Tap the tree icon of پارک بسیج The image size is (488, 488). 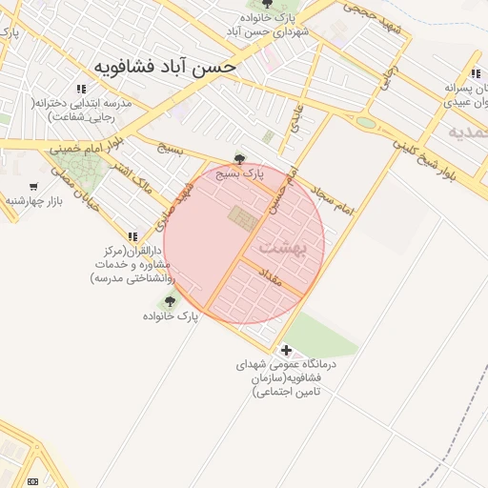[x=239, y=160]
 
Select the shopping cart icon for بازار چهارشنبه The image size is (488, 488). [x=34, y=187]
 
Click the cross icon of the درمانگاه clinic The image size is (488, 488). [x=286, y=350]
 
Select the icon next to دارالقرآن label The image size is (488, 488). [x=132, y=235]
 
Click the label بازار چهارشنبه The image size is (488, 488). [x=33, y=201]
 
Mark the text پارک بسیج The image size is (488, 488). [x=236, y=174]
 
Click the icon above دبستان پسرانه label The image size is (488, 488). [x=475, y=73]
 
